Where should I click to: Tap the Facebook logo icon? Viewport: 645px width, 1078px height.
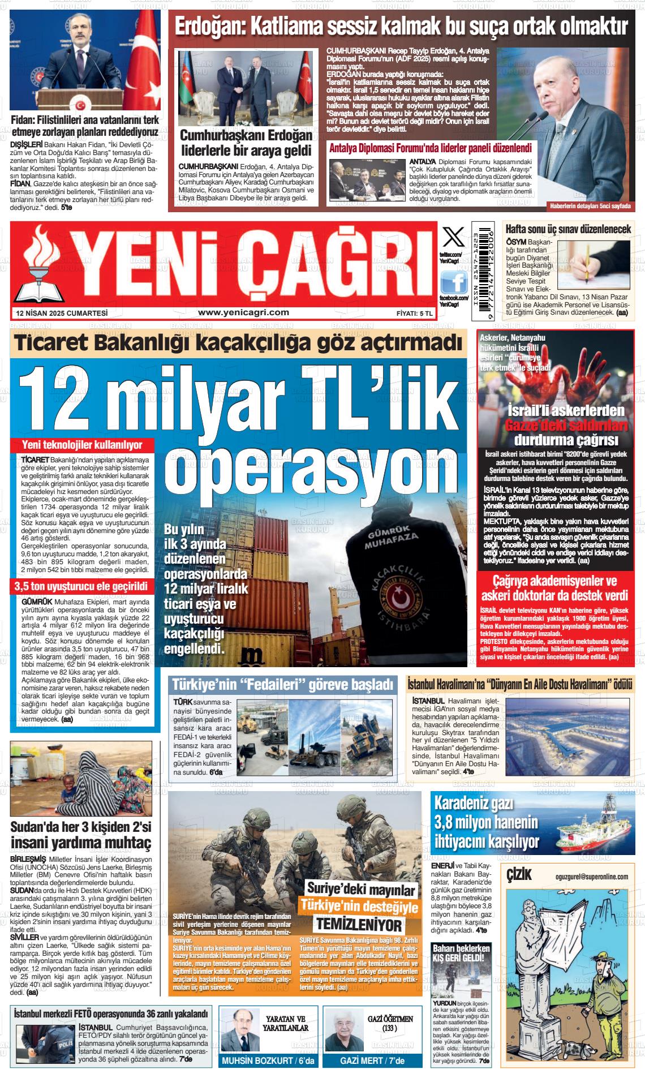click(x=454, y=281)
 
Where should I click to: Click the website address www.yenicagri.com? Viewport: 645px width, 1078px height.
click(x=244, y=312)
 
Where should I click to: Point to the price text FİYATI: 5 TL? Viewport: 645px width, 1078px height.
click(x=415, y=313)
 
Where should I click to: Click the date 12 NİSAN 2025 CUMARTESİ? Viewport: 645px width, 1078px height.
click(x=62, y=313)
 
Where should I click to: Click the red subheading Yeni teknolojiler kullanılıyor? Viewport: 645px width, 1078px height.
click(x=81, y=445)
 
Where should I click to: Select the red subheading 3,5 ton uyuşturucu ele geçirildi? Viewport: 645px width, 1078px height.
click(x=81, y=586)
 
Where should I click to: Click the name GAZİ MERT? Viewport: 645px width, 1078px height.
click(x=364, y=1060)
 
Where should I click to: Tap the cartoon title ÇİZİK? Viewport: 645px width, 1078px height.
click(x=519, y=875)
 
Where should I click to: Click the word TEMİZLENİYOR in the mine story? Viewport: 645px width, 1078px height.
click(x=359, y=925)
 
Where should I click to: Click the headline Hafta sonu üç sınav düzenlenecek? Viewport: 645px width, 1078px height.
click(x=567, y=229)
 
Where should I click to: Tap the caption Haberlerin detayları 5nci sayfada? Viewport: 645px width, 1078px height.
click(x=590, y=206)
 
